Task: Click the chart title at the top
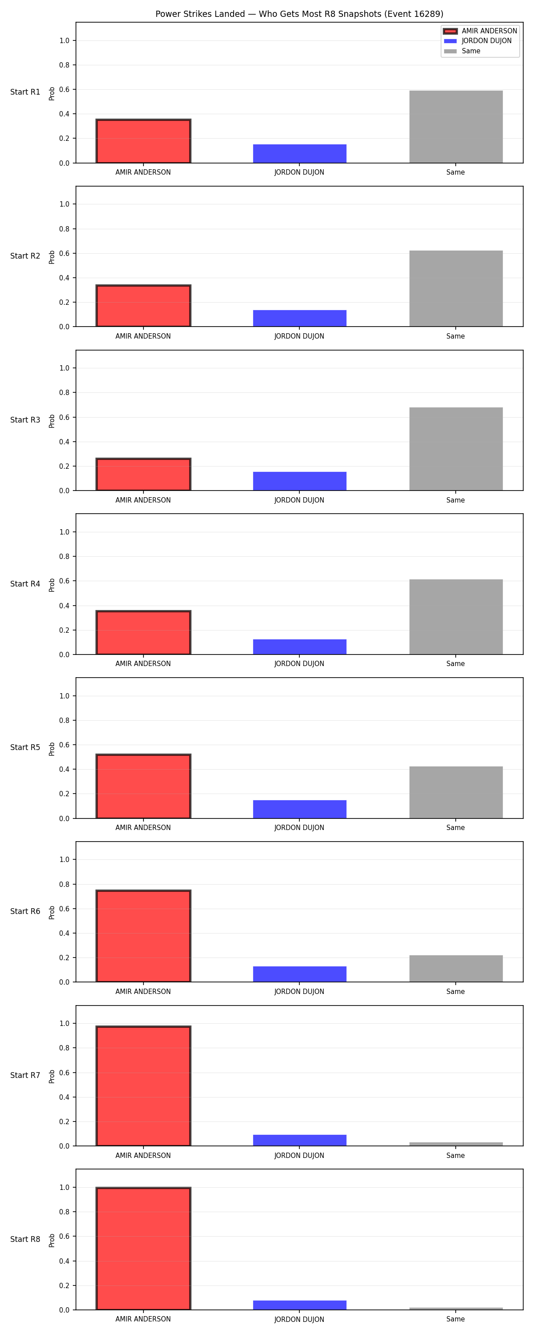pyautogui.click(x=299, y=14)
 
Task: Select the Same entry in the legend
pyautogui.click(x=462, y=51)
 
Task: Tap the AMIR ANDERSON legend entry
pyautogui.click(x=480, y=31)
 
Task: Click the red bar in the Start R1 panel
pyautogui.click(x=143, y=141)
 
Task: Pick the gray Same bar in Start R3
pyautogui.click(x=456, y=449)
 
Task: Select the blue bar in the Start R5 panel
pyautogui.click(x=300, y=809)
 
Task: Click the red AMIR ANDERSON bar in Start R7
pyautogui.click(x=143, y=1086)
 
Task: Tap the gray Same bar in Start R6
pyautogui.click(x=456, y=968)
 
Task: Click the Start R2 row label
pyautogui.click(x=25, y=256)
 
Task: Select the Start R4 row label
pyautogui.click(x=25, y=584)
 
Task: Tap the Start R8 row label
pyautogui.click(x=25, y=1239)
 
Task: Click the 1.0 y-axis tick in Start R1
pyautogui.click(x=64, y=40)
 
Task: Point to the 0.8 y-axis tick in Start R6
pyautogui.click(x=64, y=884)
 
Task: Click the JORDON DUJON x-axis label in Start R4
pyautogui.click(x=299, y=663)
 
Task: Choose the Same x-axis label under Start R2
pyautogui.click(x=455, y=336)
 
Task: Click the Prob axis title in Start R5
pyautogui.click(x=52, y=749)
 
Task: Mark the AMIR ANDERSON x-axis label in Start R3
pyautogui.click(x=143, y=500)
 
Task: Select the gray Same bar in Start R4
pyautogui.click(x=456, y=617)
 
